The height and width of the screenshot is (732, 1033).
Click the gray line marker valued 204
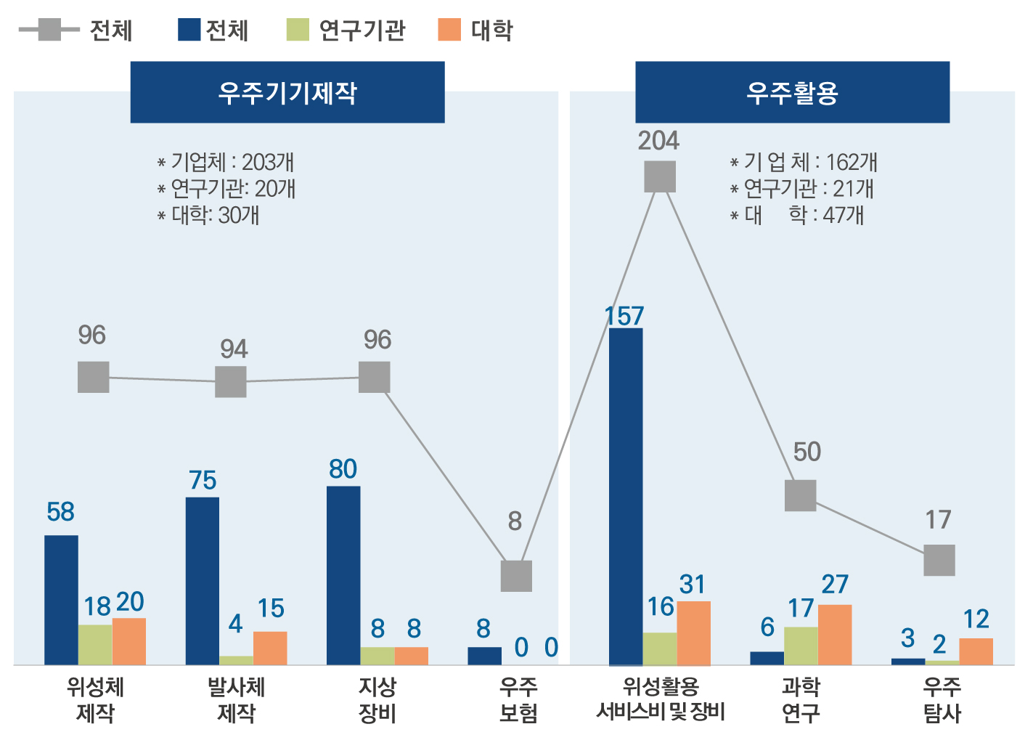[660, 176]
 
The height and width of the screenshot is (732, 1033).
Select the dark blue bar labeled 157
[626, 497]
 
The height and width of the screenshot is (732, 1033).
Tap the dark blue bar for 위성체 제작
[61, 600]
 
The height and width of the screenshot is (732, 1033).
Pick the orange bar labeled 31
[693, 633]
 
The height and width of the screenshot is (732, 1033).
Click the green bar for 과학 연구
[801, 646]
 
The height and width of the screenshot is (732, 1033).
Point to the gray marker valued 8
[516, 576]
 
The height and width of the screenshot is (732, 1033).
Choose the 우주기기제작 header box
[287, 92]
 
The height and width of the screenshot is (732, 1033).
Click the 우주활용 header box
[792, 92]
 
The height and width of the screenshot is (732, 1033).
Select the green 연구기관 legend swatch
[298, 30]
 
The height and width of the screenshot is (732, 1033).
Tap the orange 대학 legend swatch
[449, 30]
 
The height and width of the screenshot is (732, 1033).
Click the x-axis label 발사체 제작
[236, 699]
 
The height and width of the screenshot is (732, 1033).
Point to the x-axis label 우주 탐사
[942, 699]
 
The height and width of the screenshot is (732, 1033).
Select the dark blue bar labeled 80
[343, 575]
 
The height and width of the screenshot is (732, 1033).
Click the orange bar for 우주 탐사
[976, 651]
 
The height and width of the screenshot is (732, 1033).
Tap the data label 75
[203, 480]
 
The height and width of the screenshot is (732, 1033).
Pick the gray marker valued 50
[801, 495]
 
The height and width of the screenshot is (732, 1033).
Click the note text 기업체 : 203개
[231, 162]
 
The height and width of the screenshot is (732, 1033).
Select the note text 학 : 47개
[826, 215]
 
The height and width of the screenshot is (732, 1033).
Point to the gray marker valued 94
[231, 381]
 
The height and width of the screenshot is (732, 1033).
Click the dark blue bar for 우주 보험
[484, 656]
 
